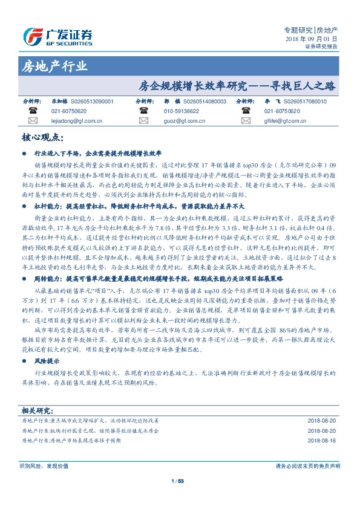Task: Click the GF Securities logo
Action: pos(57,36)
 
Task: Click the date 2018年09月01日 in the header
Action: pos(311,38)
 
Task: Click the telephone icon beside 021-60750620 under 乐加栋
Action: pos(32,111)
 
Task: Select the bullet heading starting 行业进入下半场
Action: pos(103,154)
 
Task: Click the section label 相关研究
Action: pos(37,410)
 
